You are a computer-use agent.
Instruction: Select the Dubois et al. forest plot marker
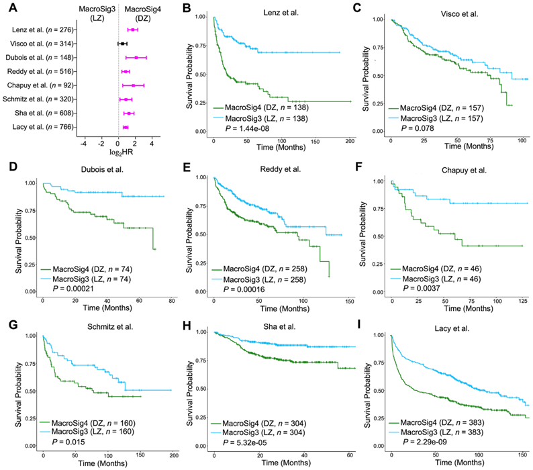(x=136, y=58)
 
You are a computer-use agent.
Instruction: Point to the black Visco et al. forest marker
(x=122, y=44)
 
